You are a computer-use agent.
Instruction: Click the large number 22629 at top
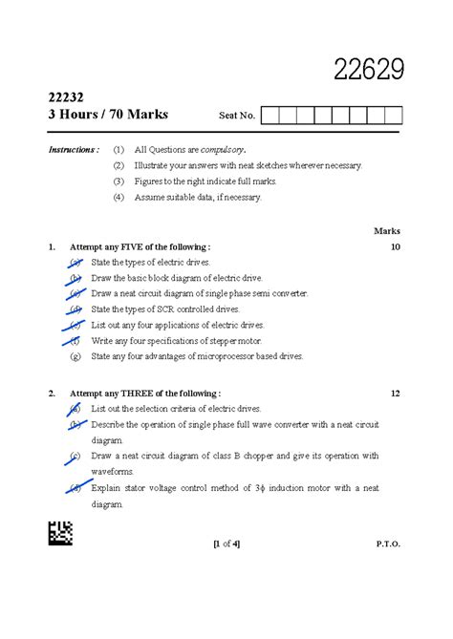pos(369,69)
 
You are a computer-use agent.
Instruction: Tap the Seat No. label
pos(237,116)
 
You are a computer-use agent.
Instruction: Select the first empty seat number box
pos(270,116)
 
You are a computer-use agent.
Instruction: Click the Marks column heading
pos(387,231)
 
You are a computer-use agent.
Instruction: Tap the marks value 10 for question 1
pos(395,246)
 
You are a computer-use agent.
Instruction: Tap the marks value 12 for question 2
pos(395,393)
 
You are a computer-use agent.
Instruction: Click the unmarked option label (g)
pos(75,356)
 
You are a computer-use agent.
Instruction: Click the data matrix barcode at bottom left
pos(58,533)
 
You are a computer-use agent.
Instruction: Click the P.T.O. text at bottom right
pos(388,543)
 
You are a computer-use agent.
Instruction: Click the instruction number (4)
pos(119,197)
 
